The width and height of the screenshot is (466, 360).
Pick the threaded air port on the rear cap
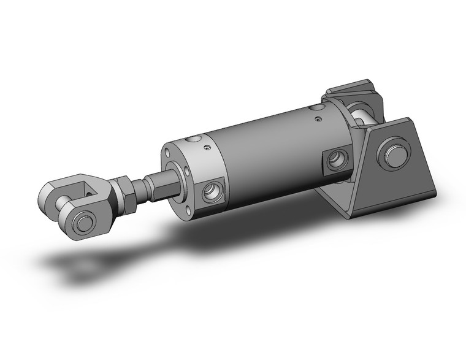(337, 159)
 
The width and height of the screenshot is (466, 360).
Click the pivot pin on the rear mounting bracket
(392, 154)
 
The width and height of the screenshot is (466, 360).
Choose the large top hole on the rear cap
(316, 107)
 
